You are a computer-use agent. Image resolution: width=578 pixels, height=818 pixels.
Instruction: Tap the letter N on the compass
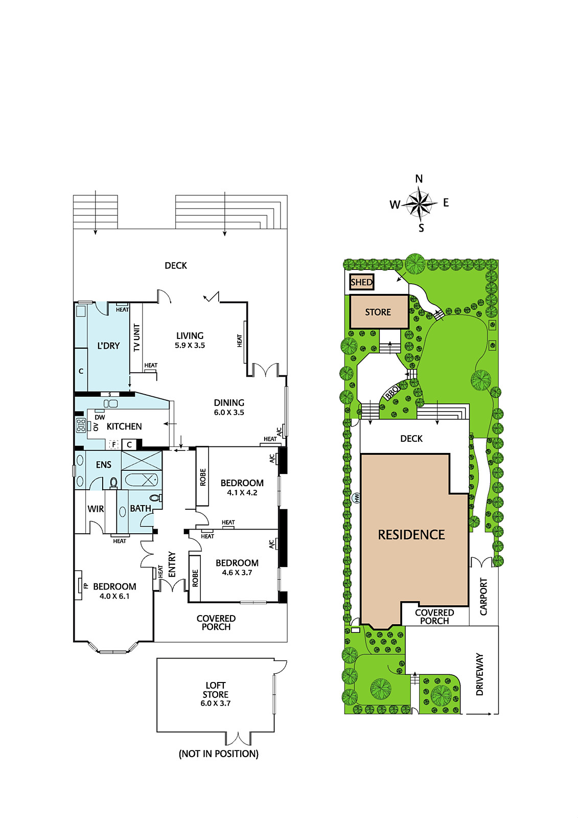click(x=419, y=179)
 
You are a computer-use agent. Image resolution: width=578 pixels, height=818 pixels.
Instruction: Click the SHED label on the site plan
click(x=361, y=282)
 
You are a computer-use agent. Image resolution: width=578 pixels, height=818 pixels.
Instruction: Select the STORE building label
click(x=378, y=312)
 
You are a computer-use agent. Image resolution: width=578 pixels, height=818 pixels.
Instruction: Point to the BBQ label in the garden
click(x=392, y=393)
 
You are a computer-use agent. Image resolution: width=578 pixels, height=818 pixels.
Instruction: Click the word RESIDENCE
click(x=411, y=535)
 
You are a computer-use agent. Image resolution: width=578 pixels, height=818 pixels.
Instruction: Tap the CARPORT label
click(x=483, y=596)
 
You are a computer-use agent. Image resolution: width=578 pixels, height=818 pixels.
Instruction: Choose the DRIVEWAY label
click(x=480, y=674)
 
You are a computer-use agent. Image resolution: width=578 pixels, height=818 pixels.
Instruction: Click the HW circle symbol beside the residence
click(x=356, y=498)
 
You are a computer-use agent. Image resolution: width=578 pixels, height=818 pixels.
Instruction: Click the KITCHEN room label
click(x=124, y=426)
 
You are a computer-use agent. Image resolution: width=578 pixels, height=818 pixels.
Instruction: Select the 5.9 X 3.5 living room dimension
click(x=190, y=346)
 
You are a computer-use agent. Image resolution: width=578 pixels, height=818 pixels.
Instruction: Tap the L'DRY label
click(x=108, y=346)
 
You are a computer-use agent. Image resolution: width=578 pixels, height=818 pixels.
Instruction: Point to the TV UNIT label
click(x=137, y=338)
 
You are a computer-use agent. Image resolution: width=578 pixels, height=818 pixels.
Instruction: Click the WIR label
click(x=96, y=509)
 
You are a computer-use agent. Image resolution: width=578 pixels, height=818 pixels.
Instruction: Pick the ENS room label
click(x=103, y=465)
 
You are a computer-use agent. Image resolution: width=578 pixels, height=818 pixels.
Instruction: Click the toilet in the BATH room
click(x=157, y=498)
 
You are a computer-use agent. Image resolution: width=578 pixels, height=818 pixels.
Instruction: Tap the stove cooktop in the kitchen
click(x=81, y=426)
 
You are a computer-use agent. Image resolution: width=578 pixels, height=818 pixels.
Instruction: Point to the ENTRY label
click(x=172, y=564)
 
